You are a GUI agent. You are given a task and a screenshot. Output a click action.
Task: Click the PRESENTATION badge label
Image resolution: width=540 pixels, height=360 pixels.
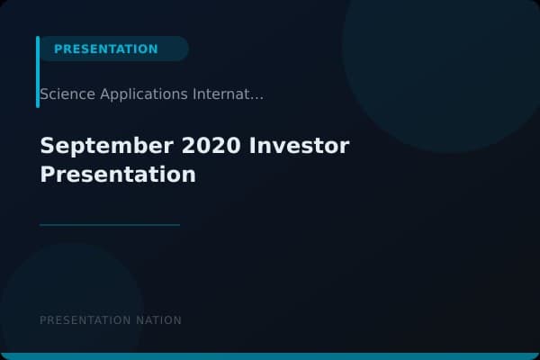(105, 49)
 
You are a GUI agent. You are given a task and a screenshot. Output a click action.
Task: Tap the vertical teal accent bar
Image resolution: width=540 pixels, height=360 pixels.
(38, 72)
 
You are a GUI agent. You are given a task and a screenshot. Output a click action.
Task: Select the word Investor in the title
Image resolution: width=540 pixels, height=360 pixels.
(300, 145)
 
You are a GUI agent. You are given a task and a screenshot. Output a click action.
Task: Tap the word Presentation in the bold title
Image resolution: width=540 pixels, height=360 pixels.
(118, 174)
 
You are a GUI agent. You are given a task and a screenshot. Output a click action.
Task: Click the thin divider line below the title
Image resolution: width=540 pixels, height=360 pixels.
(110, 225)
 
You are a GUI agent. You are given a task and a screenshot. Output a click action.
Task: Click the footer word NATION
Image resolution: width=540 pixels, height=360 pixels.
(157, 320)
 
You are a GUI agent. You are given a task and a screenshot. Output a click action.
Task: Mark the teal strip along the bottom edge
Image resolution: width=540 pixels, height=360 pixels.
(270, 356)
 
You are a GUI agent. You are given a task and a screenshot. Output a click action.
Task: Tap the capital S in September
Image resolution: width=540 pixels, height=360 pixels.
(47, 145)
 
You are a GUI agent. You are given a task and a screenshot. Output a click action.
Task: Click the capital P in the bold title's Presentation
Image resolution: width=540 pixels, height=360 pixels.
(47, 174)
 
